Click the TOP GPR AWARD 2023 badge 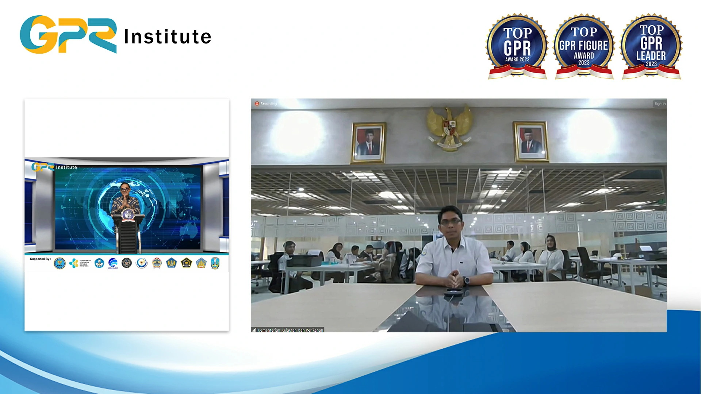point(517,46)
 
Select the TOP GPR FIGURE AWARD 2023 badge point(584,46)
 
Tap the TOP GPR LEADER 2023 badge point(651,46)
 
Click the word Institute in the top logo point(168,37)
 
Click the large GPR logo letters point(68,35)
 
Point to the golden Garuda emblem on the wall point(450,127)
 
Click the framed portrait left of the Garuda point(368,143)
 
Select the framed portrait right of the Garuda point(531,142)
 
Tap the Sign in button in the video point(659,104)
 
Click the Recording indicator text point(268,104)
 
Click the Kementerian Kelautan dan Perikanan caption point(290,330)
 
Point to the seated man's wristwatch point(466,281)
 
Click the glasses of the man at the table point(451,221)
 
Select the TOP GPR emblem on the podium point(128,215)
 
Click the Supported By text point(40,259)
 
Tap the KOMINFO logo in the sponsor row point(113,263)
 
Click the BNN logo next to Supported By point(60,263)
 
